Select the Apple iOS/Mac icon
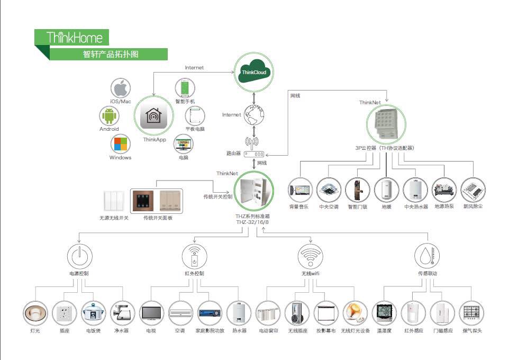coord(121,87)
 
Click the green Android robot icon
coord(109,115)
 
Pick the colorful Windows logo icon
coord(121,144)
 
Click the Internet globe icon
coord(253,114)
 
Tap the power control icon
coord(79,255)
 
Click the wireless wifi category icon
coord(310,256)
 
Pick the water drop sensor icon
coord(426,256)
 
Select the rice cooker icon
coord(93,313)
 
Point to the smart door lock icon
coord(357,189)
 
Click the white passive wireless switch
coord(114,201)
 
